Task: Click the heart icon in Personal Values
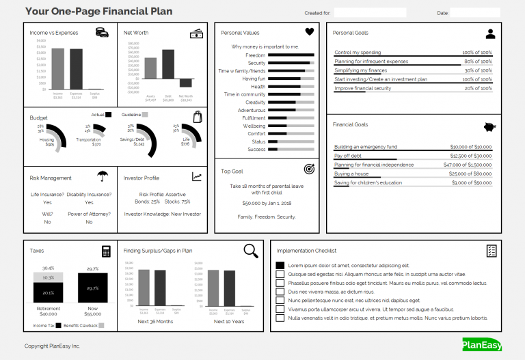coord(309,31)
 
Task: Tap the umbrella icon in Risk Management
coord(103,176)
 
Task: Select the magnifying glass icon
coord(251,250)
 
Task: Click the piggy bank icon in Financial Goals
coord(489,126)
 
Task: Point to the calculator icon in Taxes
coord(106,251)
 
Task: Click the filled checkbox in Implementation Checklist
coord(280,265)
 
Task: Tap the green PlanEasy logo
coord(481,344)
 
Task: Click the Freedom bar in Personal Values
coord(291,55)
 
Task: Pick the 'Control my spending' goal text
coord(358,52)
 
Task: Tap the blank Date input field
coord(474,12)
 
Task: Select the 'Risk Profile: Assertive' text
coord(163,194)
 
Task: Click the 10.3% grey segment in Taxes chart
coord(49,278)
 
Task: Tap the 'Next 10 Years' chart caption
coord(226,321)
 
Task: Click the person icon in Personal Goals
coord(489,33)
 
